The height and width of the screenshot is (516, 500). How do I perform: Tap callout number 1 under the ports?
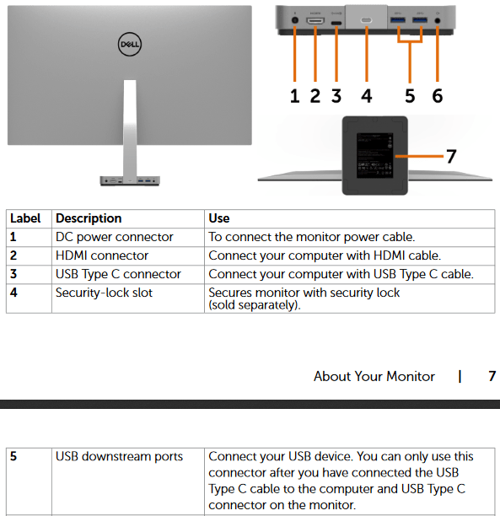click(x=295, y=96)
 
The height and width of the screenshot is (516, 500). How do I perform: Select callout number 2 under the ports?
click(x=315, y=96)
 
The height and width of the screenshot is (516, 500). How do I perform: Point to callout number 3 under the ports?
click(x=336, y=96)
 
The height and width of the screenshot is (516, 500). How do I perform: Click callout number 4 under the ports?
click(x=367, y=96)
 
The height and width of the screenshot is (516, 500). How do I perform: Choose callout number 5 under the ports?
click(x=410, y=96)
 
